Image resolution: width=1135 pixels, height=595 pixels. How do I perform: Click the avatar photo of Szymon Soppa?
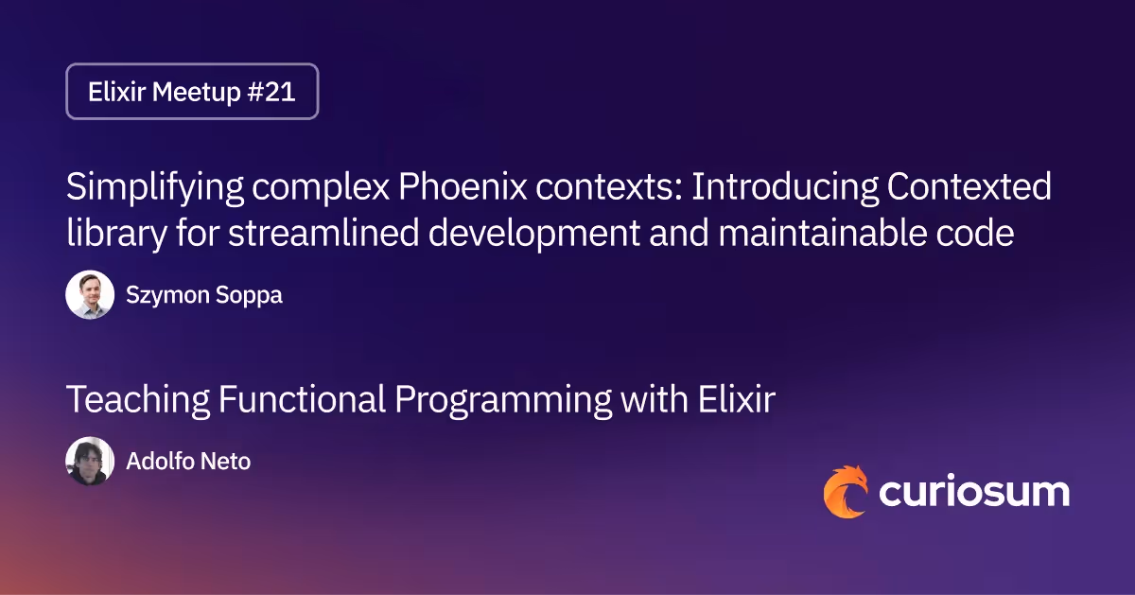coord(90,295)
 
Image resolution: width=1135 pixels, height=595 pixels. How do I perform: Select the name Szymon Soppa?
coord(203,295)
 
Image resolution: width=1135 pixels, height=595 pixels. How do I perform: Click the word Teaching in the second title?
coord(137,400)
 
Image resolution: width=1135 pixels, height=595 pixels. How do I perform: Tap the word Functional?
coord(303,400)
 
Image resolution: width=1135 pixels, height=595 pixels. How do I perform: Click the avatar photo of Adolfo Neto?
coord(90,462)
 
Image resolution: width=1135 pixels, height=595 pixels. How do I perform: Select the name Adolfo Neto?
coord(188,462)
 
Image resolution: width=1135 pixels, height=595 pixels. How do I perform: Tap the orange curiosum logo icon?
coord(845,492)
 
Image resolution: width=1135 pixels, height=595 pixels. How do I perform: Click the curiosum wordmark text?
coord(974,493)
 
